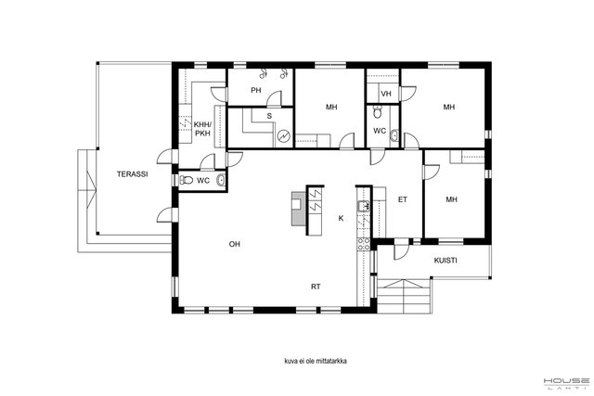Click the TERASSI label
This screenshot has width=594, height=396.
[x=132, y=174]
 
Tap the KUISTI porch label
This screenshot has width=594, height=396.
[x=445, y=261]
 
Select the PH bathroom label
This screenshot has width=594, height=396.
[x=256, y=91]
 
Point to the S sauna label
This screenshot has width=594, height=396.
[x=269, y=116]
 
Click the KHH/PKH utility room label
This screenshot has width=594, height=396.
[x=202, y=129]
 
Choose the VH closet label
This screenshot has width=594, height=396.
[x=386, y=94]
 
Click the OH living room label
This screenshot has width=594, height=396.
[x=235, y=244]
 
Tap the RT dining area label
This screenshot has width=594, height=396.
[x=316, y=287]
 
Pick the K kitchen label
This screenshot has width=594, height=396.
[x=341, y=218]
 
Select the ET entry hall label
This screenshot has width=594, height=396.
[x=403, y=199]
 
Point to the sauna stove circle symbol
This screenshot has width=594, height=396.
[x=283, y=136]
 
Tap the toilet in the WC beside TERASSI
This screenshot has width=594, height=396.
[x=187, y=180]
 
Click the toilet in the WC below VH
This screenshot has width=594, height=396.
[x=378, y=112]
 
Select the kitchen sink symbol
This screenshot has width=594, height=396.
[x=363, y=206]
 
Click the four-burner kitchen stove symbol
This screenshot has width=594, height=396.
[x=364, y=244]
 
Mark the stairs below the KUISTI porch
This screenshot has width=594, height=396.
[x=405, y=297]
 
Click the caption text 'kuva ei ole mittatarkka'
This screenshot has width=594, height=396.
[x=316, y=361]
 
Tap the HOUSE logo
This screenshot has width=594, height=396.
[x=566, y=382]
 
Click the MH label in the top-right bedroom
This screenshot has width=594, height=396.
[x=449, y=108]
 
